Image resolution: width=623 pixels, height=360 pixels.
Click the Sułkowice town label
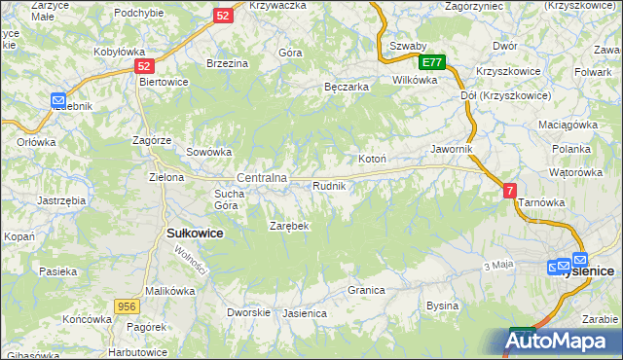(x=196, y=234)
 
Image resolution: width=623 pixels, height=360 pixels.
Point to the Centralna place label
(x=262, y=178)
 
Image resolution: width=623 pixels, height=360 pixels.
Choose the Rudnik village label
(x=329, y=185)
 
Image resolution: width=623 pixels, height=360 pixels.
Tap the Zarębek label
(x=289, y=226)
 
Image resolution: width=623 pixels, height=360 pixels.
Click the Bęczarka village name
(x=346, y=87)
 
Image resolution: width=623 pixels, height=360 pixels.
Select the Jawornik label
(x=452, y=149)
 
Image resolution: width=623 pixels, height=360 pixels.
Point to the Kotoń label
(x=373, y=159)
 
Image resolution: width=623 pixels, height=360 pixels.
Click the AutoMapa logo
(x=563, y=341)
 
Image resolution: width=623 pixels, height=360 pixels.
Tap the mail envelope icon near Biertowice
(x=57, y=100)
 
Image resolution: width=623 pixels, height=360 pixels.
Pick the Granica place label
(x=366, y=290)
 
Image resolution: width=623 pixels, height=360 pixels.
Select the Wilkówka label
(x=415, y=81)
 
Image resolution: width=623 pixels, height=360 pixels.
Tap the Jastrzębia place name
(x=61, y=199)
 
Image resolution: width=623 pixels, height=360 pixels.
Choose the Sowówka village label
(x=208, y=152)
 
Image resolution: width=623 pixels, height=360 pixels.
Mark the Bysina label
(x=442, y=306)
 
